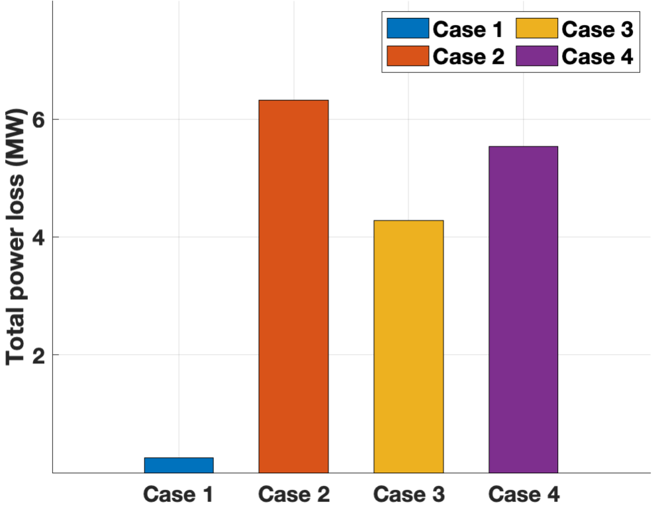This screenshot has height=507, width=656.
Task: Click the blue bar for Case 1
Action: (179, 465)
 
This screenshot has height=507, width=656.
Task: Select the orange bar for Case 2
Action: (293, 286)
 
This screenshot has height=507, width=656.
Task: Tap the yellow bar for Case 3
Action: (408, 346)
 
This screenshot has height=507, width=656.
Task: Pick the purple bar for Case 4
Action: (523, 309)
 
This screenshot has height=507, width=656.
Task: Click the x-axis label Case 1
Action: (179, 494)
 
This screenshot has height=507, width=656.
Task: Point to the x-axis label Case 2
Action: (293, 494)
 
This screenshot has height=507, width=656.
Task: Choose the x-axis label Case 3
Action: (408, 494)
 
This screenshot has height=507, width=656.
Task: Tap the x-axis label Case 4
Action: (523, 494)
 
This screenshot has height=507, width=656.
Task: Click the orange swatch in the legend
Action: (408, 56)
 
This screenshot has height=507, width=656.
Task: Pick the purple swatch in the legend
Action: (536, 56)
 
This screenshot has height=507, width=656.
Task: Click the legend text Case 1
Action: (469, 29)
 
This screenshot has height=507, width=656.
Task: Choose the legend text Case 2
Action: (469, 57)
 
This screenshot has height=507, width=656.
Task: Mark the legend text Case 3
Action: (597, 29)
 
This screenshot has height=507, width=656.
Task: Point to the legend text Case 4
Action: (597, 57)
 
